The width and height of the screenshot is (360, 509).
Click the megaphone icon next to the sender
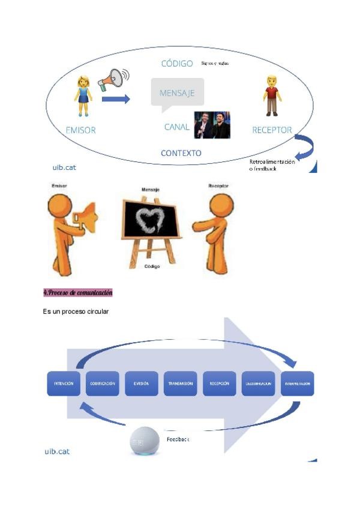[114, 79]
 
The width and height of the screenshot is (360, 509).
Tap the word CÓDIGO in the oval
[177, 63]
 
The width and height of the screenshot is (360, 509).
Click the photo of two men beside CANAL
[212, 125]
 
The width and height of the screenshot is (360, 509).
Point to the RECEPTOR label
[272, 130]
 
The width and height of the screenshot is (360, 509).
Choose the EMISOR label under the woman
[80, 130]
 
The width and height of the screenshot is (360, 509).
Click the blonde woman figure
[83, 95]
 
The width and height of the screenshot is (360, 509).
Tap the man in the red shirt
[272, 96]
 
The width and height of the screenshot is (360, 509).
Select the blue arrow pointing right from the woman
[116, 98]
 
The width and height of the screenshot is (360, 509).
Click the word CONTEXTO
[181, 153]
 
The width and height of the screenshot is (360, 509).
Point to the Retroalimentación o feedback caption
[272, 165]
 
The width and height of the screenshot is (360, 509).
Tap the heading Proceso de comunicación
[77, 293]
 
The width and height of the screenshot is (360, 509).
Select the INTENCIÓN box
[64, 384]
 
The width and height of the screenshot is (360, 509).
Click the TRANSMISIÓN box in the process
[180, 384]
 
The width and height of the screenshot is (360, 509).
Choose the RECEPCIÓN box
[219, 384]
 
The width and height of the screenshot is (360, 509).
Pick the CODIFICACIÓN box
[103, 384]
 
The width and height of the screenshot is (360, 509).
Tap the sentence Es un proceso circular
[75, 312]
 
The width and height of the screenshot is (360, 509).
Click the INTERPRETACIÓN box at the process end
[297, 384]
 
